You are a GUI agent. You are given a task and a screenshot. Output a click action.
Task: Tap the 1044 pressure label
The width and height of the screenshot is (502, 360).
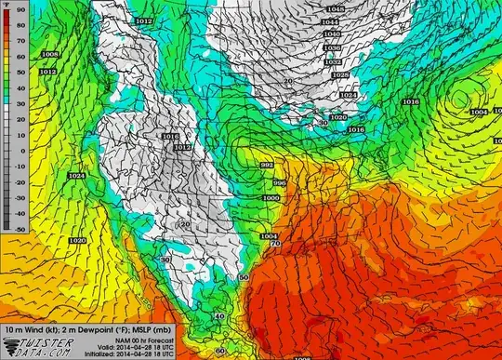(x=334, y=21)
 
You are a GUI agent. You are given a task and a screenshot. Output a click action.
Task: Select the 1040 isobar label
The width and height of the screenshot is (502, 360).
(x=333, y=34)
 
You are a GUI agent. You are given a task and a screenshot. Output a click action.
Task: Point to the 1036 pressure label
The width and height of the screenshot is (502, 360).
(x=332, y=47)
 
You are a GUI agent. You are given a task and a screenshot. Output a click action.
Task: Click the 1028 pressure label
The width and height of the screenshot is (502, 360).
(x=340, y=75)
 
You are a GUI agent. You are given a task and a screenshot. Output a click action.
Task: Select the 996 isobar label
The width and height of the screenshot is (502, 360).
(x=278, y=183)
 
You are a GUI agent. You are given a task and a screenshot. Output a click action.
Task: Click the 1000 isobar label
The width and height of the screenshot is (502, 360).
(x=271, y=198)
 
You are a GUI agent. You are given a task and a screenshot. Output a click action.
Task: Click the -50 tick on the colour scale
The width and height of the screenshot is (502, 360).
(x=20, y=227)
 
